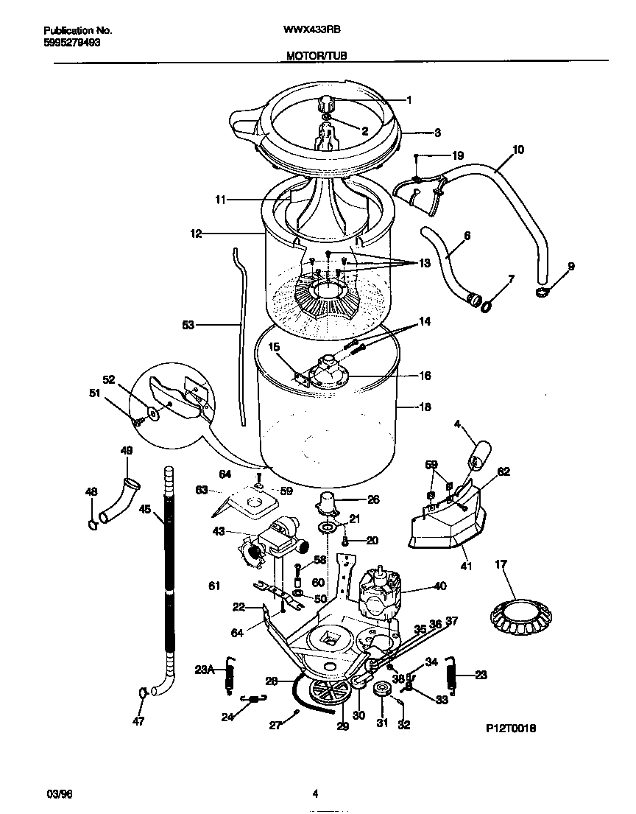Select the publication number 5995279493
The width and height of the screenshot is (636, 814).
72,42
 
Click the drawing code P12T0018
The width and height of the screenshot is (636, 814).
510,727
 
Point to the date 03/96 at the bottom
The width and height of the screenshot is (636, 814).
59,793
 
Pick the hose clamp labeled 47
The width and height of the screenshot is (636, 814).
141,692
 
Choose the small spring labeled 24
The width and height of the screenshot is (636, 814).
254,698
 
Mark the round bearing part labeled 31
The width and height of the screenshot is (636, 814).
382,690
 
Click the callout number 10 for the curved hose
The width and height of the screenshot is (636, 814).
517,150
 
